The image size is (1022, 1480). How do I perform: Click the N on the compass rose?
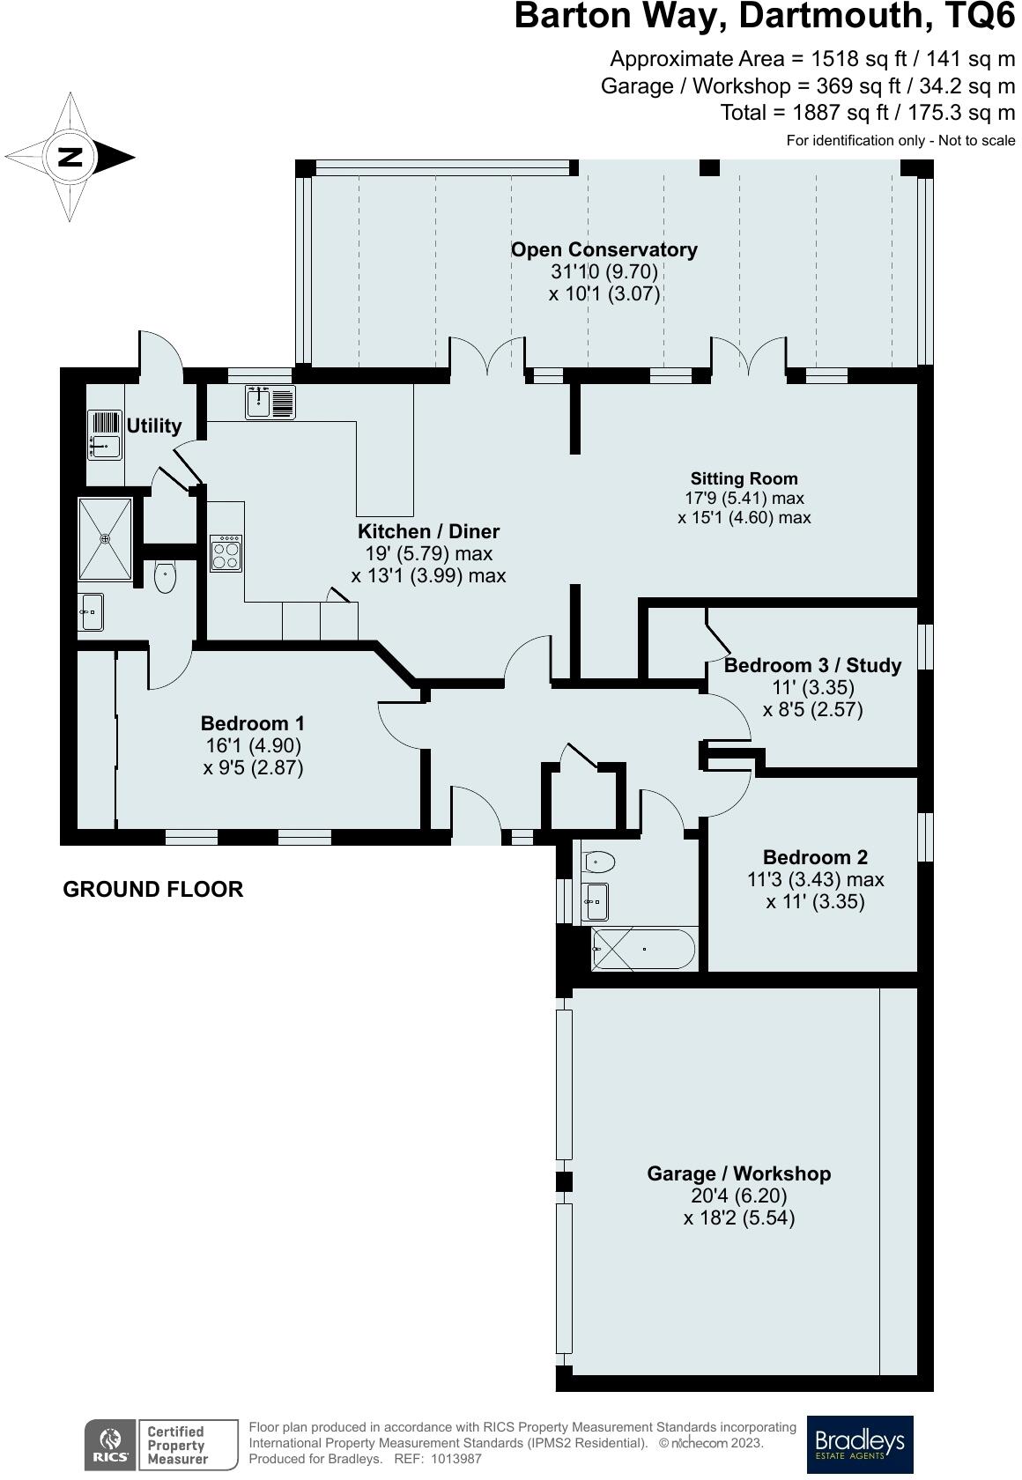pos(70,157)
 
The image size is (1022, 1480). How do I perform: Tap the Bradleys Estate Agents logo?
pos(860,1445)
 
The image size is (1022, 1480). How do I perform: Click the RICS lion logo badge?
pos(110,1445)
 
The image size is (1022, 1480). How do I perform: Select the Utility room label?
pos(154,425)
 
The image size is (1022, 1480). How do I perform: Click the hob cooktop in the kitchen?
pos(226,553)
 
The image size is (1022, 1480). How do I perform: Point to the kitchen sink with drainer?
pos(270,403)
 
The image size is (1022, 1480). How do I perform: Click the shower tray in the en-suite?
pos(105,539)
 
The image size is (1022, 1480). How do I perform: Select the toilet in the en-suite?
pos(165,577)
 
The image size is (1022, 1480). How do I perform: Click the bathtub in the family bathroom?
pos(643,950)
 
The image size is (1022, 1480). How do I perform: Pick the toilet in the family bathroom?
pos(599,862)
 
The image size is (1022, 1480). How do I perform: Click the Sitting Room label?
pos(744,478)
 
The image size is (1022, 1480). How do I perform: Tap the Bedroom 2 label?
pos(815,857)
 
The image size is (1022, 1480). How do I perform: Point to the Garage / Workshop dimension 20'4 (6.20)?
pos(739,1195)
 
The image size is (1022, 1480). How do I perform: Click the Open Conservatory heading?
pos(604,250)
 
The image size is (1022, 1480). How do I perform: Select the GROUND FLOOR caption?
pos(153,890)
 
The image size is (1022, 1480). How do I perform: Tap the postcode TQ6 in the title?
pos(981,16)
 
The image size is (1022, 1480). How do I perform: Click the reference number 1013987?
pos(456,1459)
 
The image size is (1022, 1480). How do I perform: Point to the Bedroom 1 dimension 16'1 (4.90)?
pos(254,745)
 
